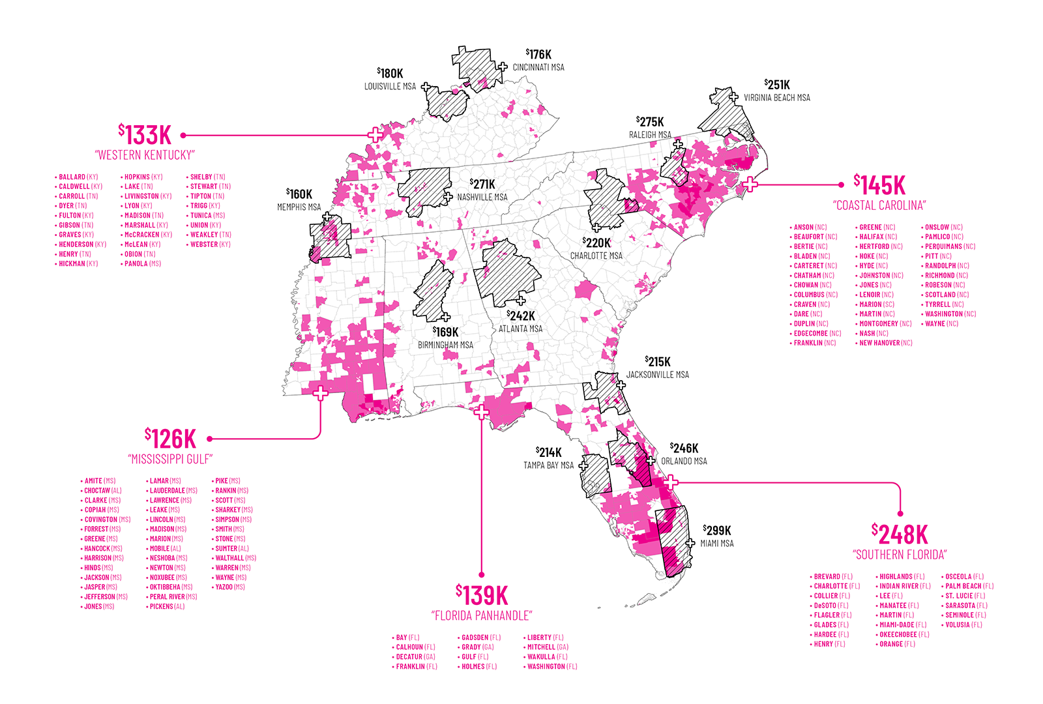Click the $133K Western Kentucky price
(x=145, y=135)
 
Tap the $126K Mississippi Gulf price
(x=170, y=438)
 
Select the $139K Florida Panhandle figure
(x=482, y=595)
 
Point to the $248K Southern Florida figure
(x=900, y=535)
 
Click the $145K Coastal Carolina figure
(x=879, y=185)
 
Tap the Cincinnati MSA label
(x=538, y=67)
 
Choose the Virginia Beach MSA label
(x=777, y=98)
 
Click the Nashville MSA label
(x=482, y=197)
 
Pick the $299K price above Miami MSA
(x=717, y=531)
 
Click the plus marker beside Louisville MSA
(x=426, y=87)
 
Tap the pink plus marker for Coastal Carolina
(x=750, y=184)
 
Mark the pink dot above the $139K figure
(x=482, y=574)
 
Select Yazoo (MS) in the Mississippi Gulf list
(x=230, y=587)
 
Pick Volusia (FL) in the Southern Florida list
(x=963, y=624)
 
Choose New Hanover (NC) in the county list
(x=885, y=343)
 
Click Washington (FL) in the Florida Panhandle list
(x=551, y=667)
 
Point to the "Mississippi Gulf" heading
(x=170, y=460)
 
